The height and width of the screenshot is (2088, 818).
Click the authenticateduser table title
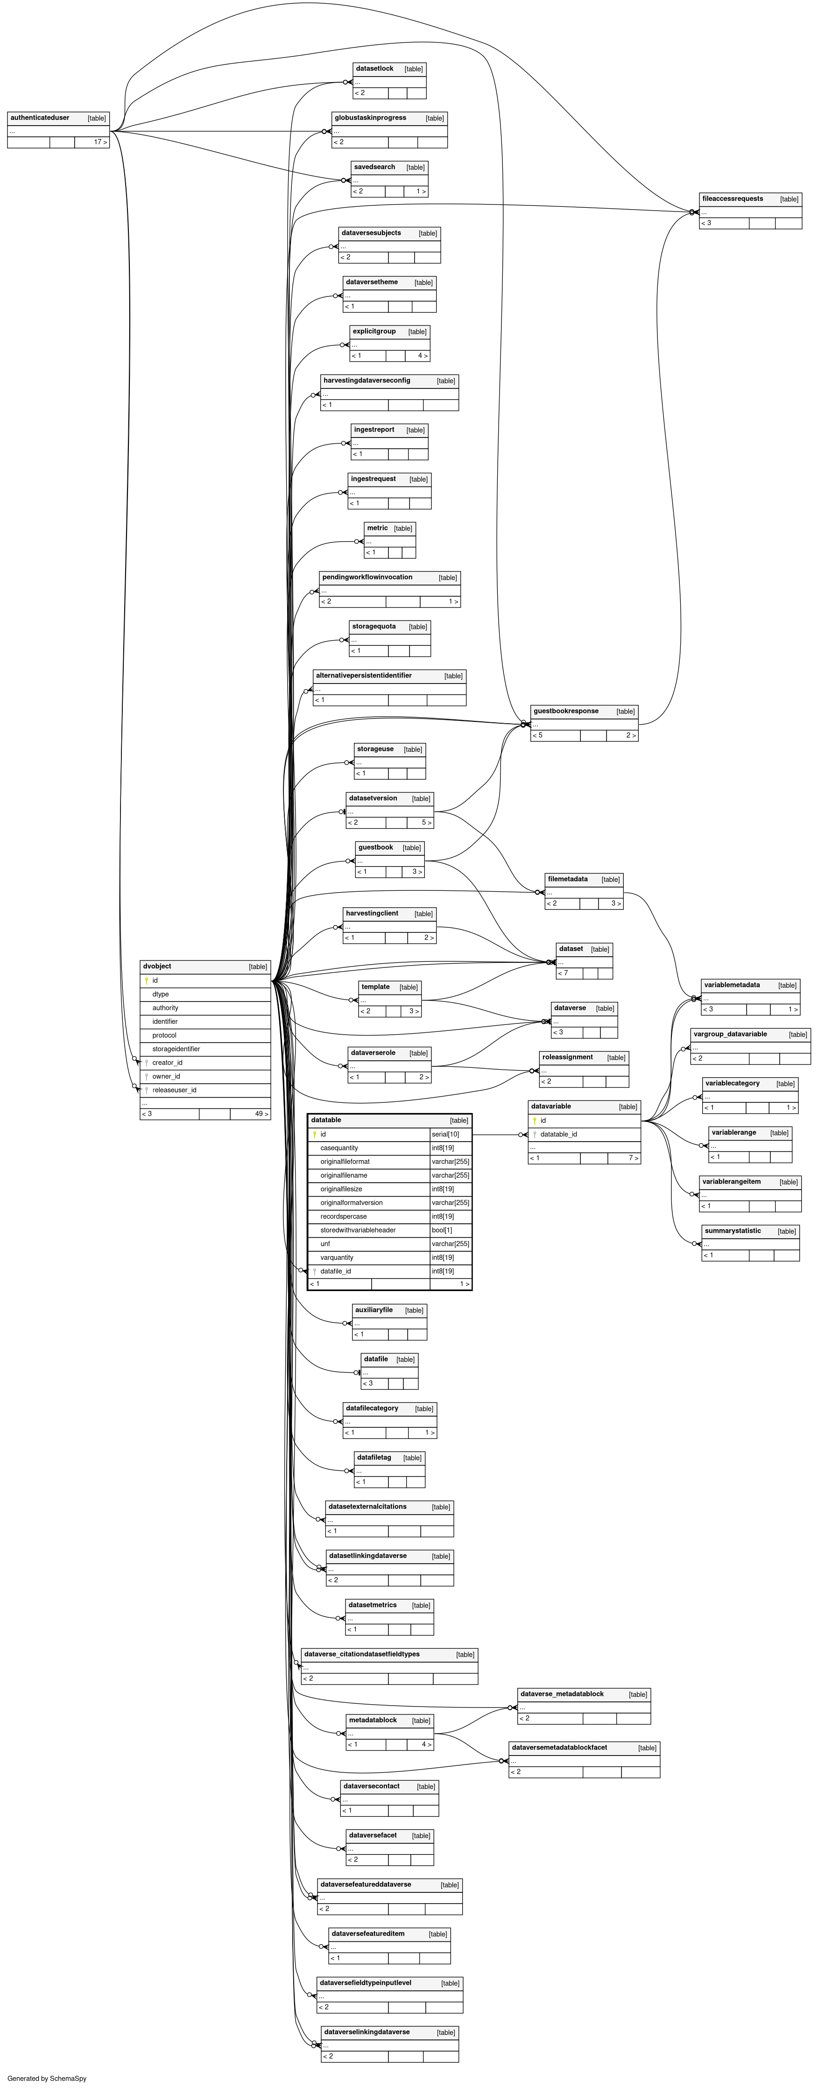[40, 118]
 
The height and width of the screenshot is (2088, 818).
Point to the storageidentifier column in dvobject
[176, 1049]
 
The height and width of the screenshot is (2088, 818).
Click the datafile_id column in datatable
[336, 1271]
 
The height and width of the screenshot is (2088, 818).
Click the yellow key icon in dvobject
[147, 981]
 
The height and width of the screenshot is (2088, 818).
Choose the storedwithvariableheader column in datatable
[358, 1230]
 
